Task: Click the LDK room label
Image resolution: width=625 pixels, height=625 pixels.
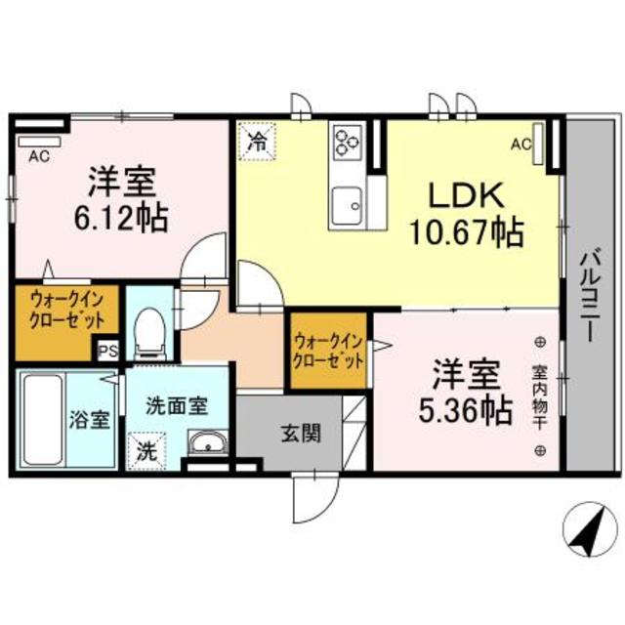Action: [464, 196]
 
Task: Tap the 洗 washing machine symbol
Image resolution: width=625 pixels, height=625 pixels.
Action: [145, 450]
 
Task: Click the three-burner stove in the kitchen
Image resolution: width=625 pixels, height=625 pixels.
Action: [347, 144]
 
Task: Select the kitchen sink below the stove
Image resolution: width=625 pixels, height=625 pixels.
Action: [347, 205]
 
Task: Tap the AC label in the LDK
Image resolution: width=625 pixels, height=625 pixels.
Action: [521, 145]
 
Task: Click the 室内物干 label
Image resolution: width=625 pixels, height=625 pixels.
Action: [539, 396]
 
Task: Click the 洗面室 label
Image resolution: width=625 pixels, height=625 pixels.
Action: [176, 403]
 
